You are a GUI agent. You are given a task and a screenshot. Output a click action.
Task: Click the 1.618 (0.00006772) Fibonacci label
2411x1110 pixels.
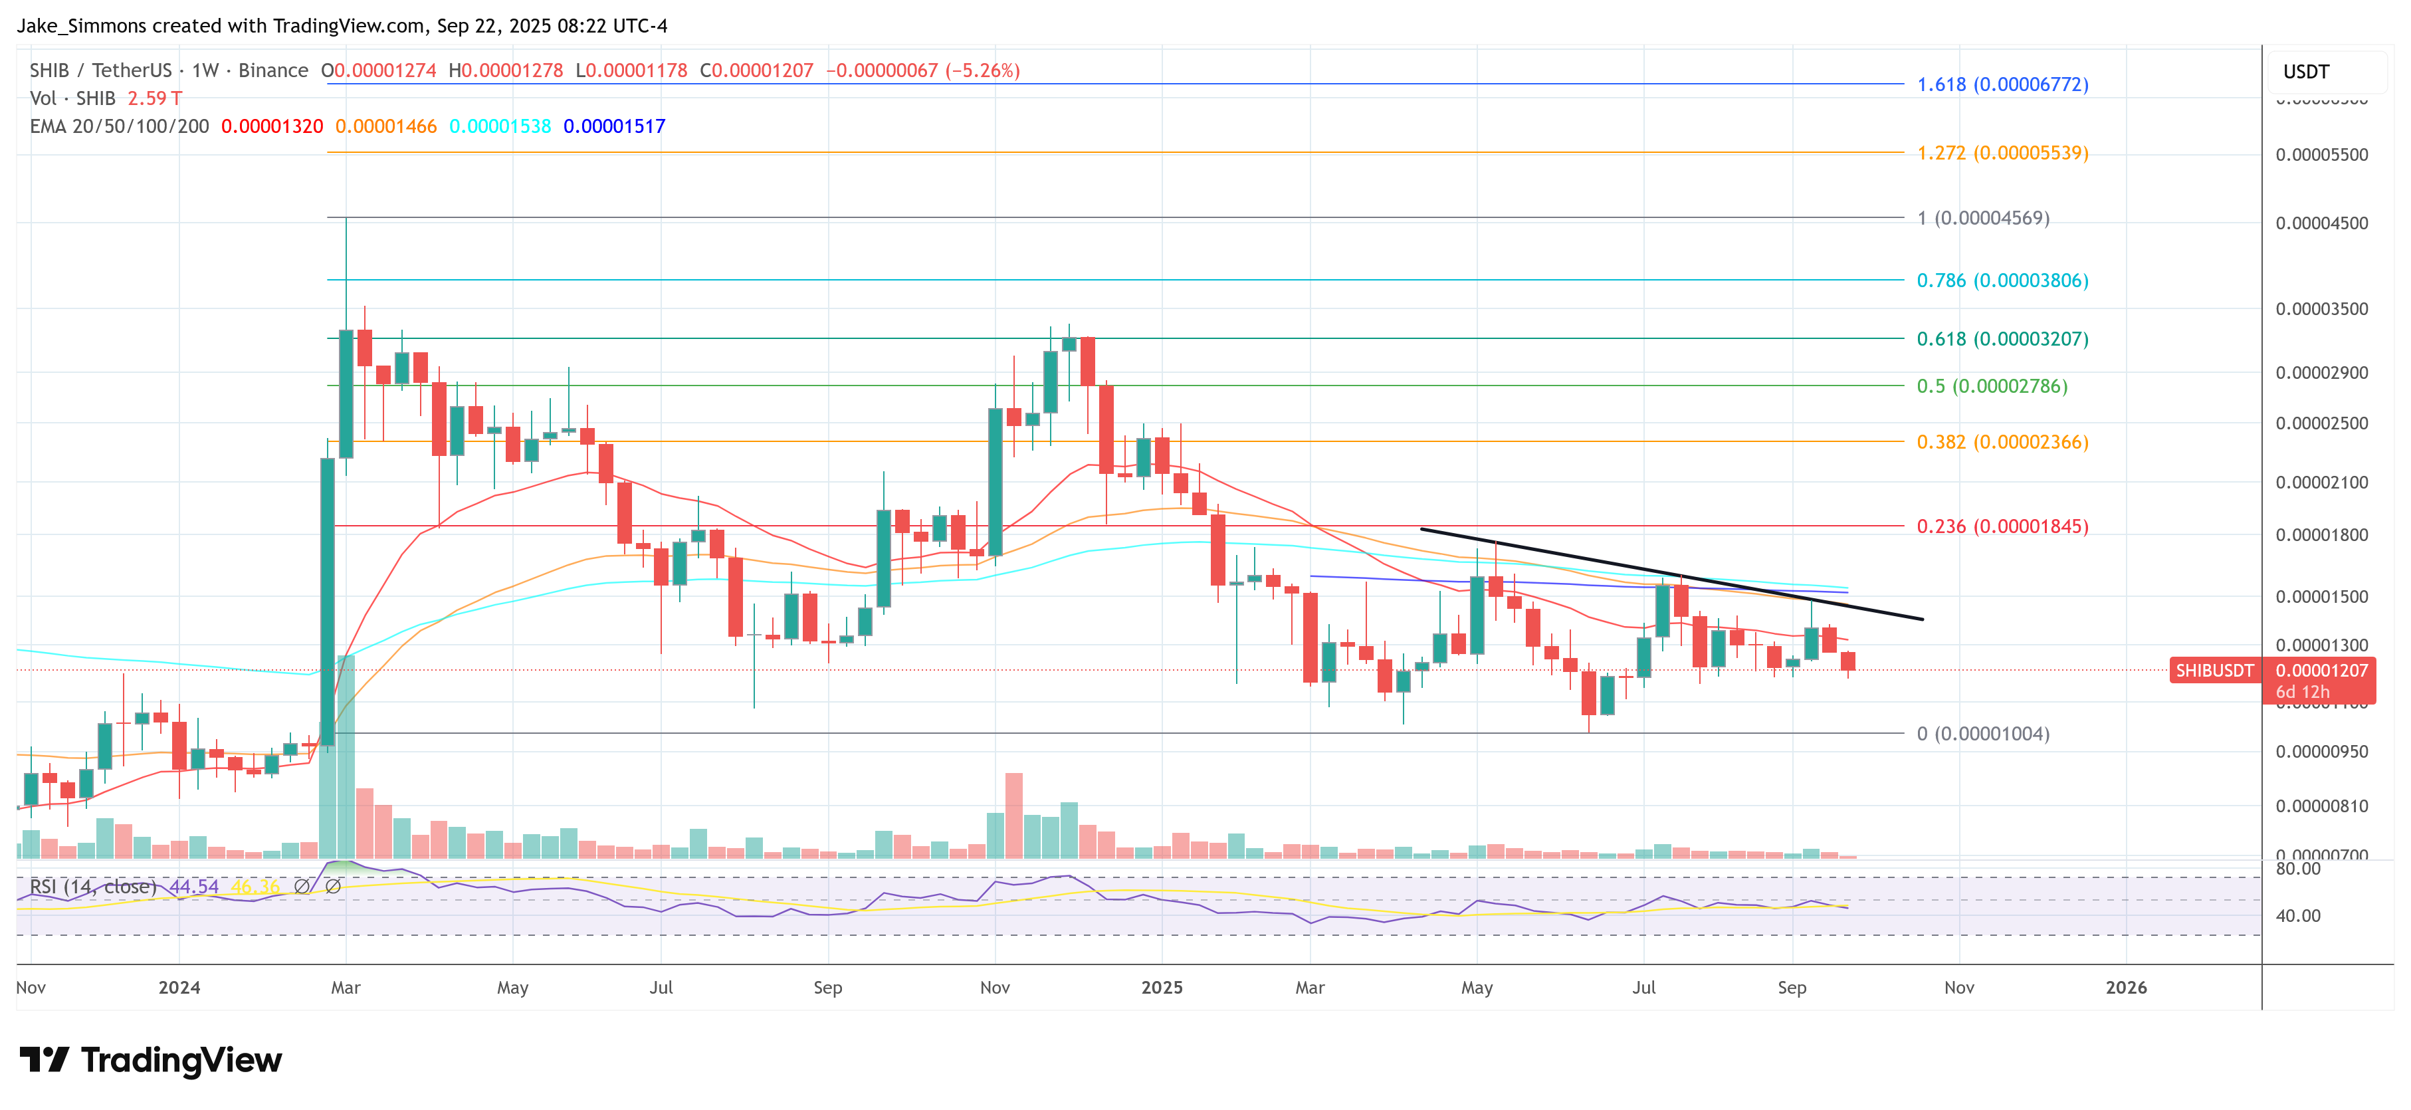[x=2002, y=84]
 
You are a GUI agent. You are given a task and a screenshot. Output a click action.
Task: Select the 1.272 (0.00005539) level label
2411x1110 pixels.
[x=2002, y=153]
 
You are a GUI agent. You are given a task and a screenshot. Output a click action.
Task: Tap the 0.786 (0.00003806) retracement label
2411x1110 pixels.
[x=2002, y=280]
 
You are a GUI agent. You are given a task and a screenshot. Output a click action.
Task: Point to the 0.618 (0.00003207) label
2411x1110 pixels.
[x=2002, y=339]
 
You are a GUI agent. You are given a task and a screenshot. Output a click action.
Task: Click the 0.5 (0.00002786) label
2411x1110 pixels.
[x=1992, y=386]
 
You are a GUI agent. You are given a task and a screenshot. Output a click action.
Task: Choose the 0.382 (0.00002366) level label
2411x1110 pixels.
[x=2002, y=442]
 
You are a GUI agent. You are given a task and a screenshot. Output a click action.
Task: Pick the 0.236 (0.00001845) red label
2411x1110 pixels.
[x=2002, y=526]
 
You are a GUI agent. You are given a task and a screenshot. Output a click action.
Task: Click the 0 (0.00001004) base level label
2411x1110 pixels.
[x=1982, y=734]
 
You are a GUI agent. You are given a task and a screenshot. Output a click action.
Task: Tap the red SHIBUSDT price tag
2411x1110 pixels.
[x=2214, y=670]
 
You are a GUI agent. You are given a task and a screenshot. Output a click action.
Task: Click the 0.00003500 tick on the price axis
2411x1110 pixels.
[x=2322, y=309]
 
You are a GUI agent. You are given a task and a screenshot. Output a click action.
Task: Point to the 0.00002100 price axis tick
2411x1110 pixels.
[x=2322, y=482]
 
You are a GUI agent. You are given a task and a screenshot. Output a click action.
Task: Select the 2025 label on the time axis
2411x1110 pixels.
[x=1162, y=988]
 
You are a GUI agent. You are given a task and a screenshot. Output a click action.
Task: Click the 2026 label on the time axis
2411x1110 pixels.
[x=2125, y=988]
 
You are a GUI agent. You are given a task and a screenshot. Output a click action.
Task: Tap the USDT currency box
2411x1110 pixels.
[x=2306, y=72]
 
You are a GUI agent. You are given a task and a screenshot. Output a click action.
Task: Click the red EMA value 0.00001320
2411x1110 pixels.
[x=271, y=126]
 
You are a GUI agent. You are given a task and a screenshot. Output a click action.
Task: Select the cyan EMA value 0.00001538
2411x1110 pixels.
[x=500, y=126]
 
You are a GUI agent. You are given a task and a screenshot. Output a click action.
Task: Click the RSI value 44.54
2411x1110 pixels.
[x=194, y=886]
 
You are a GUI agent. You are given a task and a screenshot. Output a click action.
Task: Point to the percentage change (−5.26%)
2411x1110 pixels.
[x=982, y=70]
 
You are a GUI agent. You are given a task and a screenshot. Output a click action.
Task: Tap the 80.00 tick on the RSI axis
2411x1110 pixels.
[x=2298, y=869]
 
